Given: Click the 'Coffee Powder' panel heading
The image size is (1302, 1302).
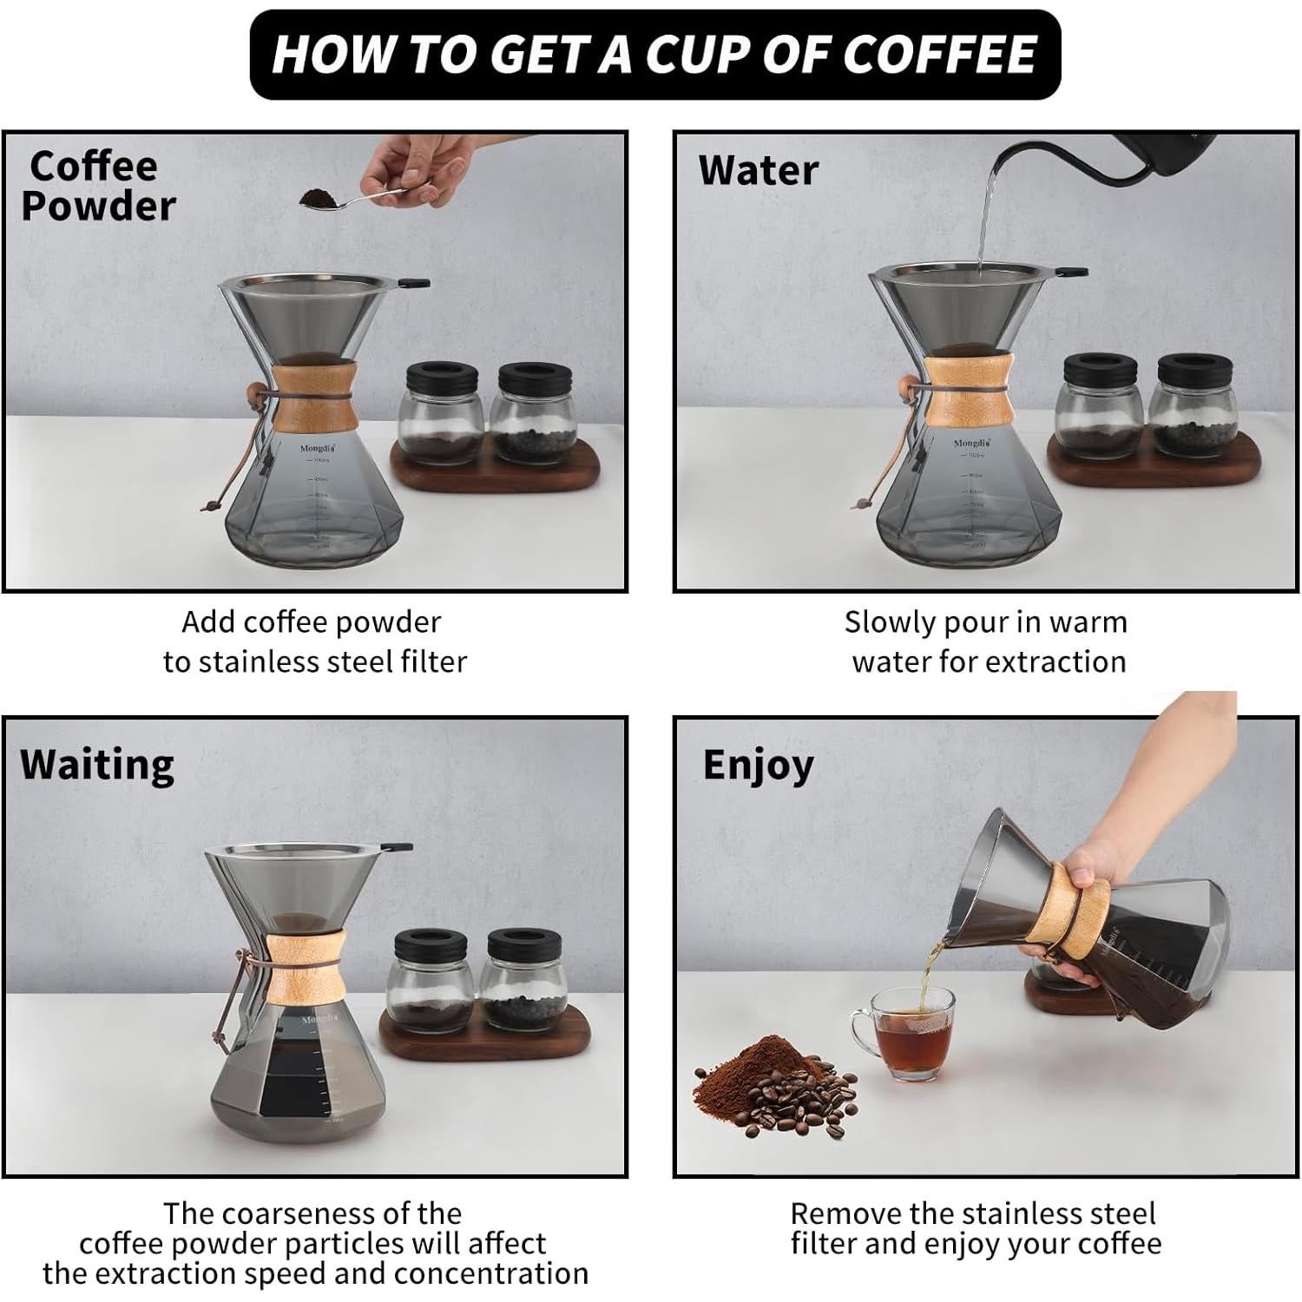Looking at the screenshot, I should coord(97,186).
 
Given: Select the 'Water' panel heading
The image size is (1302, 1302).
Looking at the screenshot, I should coord(758,170).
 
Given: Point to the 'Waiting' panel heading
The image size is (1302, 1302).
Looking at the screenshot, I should coord(97,766).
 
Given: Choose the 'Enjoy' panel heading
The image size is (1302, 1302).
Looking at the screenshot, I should coord(758,766).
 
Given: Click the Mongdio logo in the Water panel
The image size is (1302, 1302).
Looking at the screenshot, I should coord(971,443).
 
